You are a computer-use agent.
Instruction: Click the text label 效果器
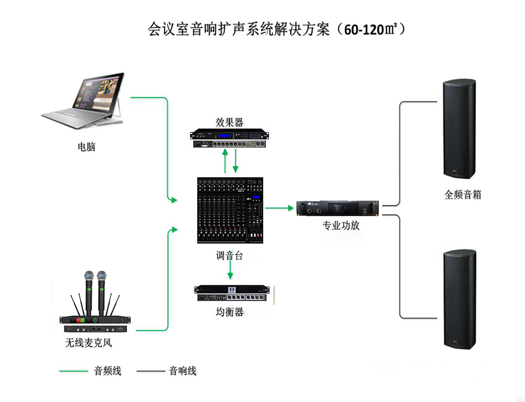coord(229,122)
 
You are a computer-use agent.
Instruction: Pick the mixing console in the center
coord(229,210)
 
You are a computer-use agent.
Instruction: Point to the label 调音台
coord(229,256)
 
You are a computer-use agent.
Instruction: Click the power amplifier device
coord(338,209)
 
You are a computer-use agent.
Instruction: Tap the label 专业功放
coord(341,226)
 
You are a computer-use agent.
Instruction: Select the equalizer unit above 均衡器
coord(234,294)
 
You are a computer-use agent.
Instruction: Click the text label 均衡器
coord(229,312)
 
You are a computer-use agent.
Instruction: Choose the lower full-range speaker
coord(458,298)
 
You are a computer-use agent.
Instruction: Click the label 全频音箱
coord(463,194)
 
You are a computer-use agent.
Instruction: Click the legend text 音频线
coord(108,371)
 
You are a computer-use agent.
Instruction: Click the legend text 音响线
coord(183,371)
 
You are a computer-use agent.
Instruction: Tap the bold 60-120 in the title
coord(365,29)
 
